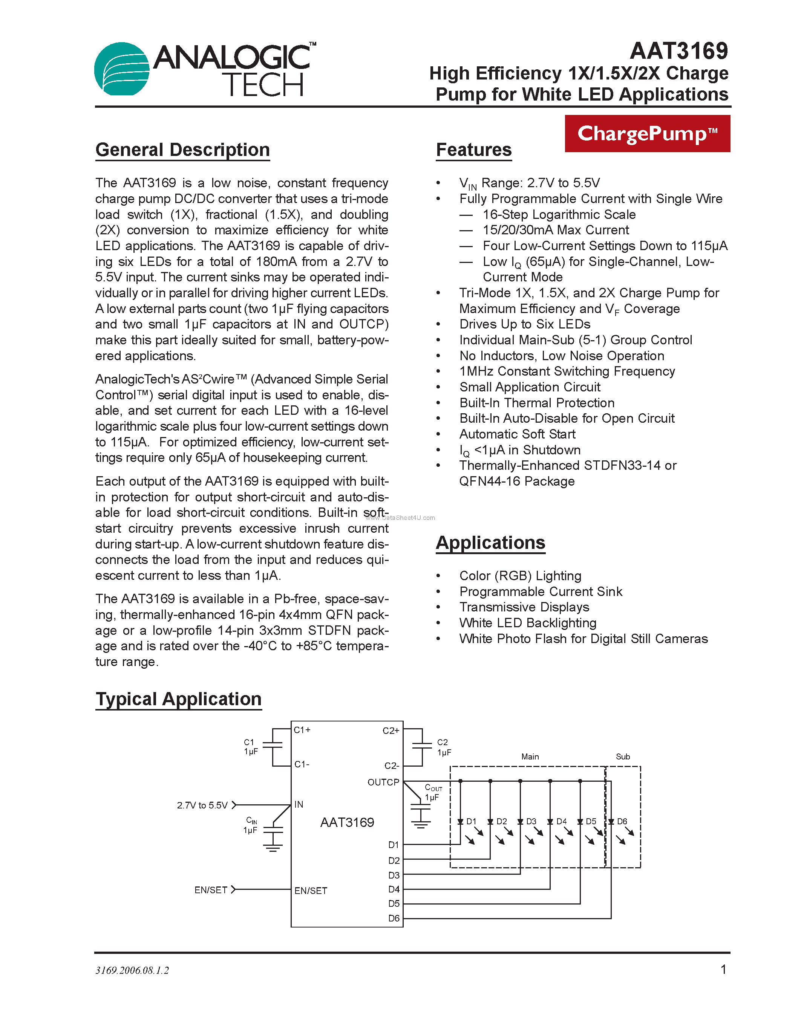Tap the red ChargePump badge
647,134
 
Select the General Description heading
183,150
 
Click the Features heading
473,150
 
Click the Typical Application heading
178,699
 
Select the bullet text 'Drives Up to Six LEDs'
524,324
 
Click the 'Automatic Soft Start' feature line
517,434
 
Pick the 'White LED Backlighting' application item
528,623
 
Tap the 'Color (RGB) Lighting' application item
520,576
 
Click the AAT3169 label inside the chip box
347,822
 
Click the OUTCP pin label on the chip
383,782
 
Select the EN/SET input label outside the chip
211,890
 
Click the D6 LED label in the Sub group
622,821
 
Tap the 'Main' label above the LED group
530,756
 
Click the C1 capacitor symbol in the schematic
273,747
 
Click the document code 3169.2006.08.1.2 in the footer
132,970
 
